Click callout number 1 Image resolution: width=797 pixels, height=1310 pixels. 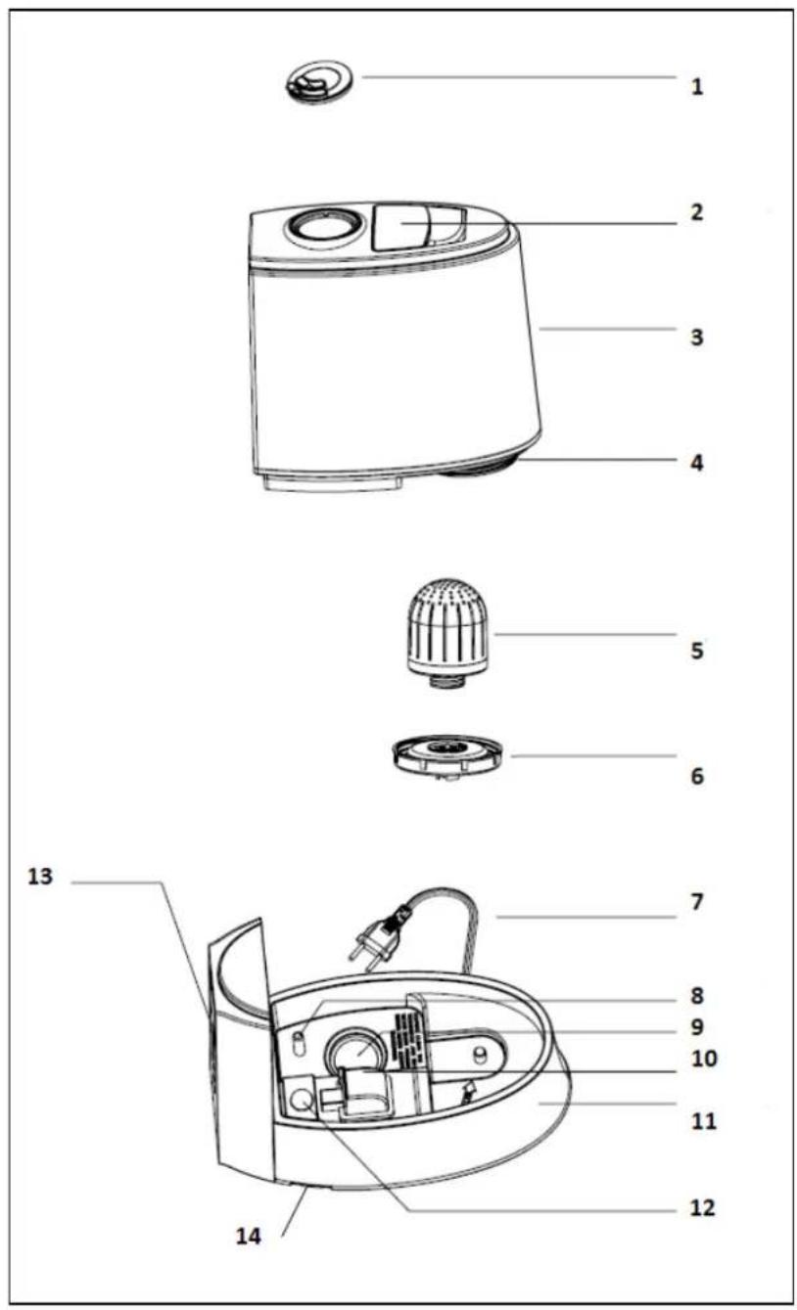696,87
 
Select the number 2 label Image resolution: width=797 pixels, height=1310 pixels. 696,212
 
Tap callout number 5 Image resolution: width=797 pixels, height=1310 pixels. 697,651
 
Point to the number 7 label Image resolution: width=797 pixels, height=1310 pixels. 697,901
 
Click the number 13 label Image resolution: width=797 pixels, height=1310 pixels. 40,876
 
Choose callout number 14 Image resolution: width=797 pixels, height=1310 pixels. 249,1236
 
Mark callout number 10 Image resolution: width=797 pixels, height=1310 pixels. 704,1058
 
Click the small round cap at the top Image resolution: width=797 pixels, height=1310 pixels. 319,82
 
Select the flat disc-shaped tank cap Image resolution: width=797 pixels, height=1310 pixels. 447,756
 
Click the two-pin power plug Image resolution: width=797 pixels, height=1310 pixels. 379,937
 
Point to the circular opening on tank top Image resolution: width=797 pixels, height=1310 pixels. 320,225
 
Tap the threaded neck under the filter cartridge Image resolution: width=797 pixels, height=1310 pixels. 448,681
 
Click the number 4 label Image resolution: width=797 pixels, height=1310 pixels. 696,463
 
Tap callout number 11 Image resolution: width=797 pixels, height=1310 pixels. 703,1121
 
